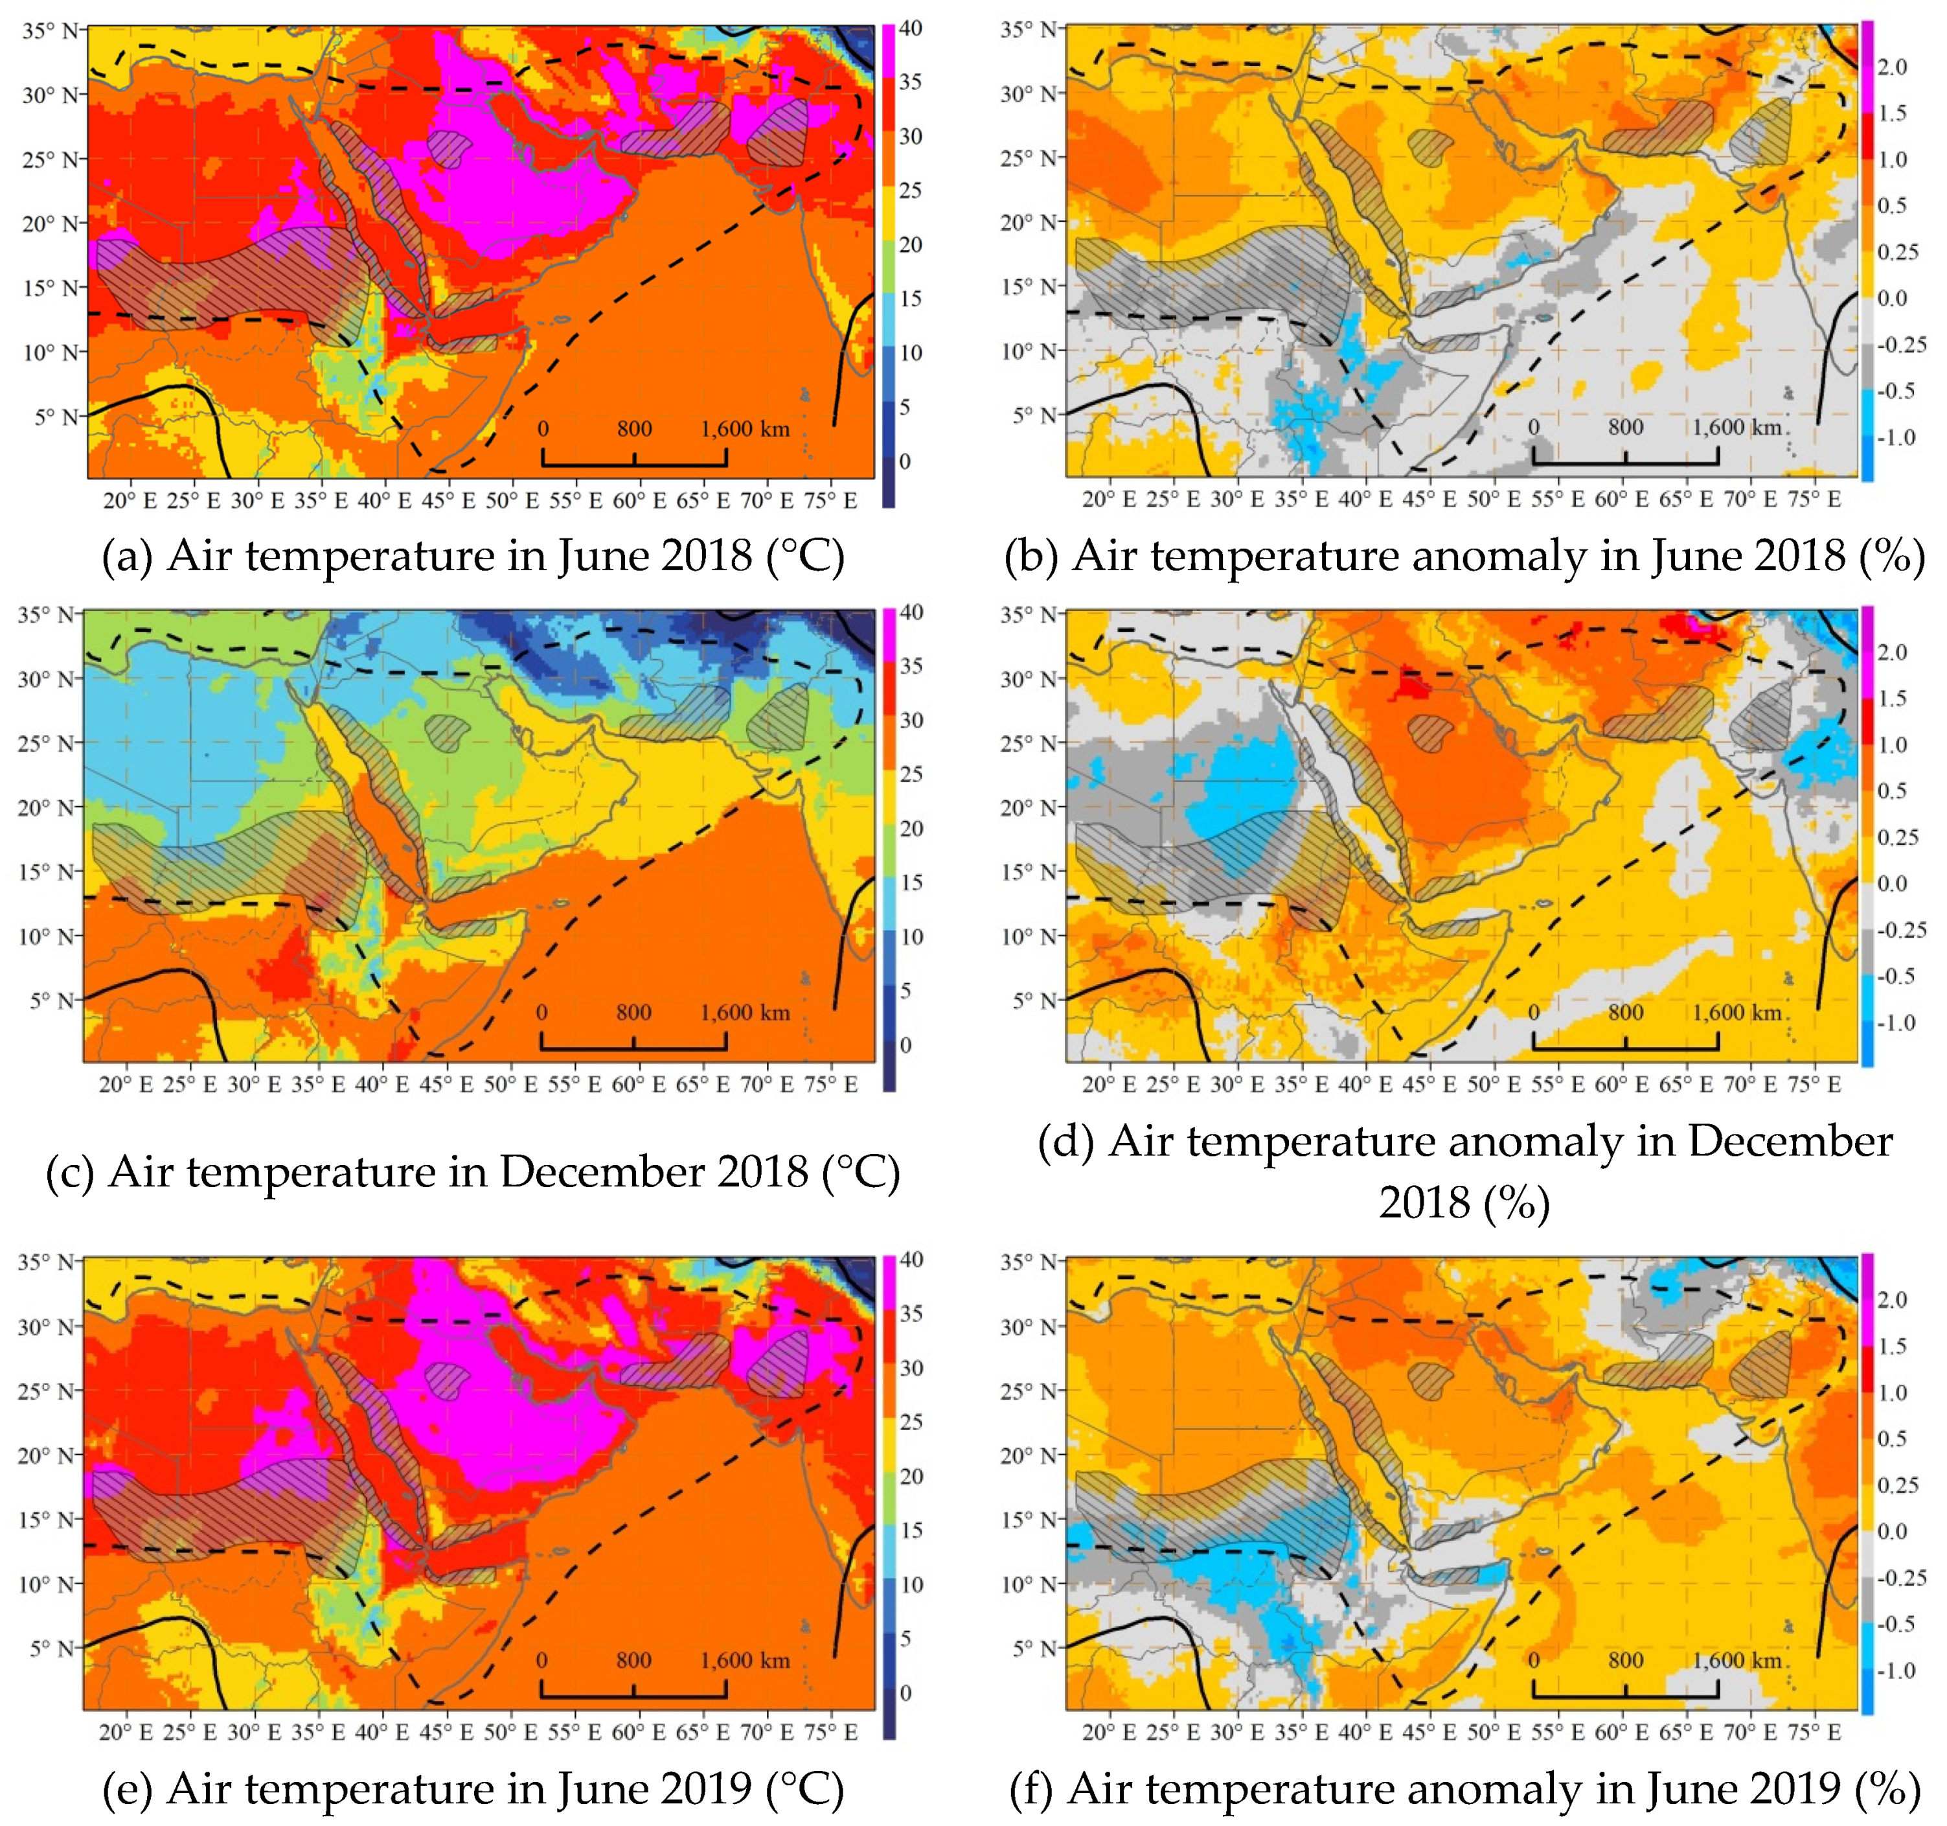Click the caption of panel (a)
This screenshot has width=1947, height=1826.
[x=473, y=555]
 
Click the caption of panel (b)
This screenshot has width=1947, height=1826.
[x=1464, y=555]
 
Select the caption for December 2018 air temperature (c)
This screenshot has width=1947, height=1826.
[x=473, y=1172]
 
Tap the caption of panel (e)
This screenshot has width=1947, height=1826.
[x=473, y=1789]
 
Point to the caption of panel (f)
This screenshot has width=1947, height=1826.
[x=1464, y=1789]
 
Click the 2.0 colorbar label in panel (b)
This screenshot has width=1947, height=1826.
[x=1892, y=67]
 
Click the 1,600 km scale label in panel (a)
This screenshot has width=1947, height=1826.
[x=744, y=428]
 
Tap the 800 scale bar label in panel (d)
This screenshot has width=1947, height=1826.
[x=1625, y=1012]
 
